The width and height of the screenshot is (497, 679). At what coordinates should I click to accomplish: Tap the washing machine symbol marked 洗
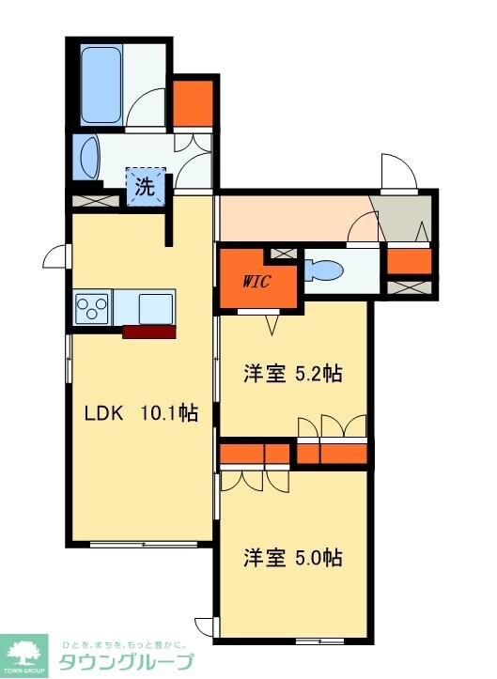tap(146, 186)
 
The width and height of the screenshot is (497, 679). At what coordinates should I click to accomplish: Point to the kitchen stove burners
tap(93, 306)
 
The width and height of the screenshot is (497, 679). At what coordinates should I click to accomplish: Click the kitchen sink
tap(154, 307)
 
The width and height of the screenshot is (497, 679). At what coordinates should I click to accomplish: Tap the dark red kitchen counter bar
tap(148, 331)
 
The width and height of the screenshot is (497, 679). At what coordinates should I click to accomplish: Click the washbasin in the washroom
tap(89, 155)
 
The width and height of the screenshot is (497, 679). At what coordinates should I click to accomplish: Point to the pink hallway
tap(291, 215)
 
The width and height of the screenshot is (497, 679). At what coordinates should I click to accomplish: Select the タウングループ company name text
tap(126, 662)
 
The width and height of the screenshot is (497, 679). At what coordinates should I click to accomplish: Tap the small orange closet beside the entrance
tap(409, 261)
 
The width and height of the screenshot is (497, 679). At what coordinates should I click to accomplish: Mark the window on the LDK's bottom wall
tap(143, 544)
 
